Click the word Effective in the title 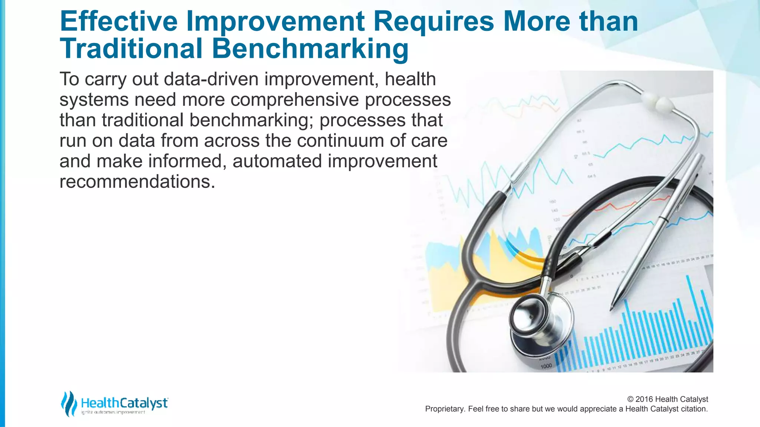click(118, 21)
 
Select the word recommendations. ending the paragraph click(137, 182)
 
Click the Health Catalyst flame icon click(69, 403)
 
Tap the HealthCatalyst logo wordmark click(124, 403)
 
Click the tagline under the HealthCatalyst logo click(113, 412)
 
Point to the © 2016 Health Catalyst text click(667, 399)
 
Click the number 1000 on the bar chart click(546, 366)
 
